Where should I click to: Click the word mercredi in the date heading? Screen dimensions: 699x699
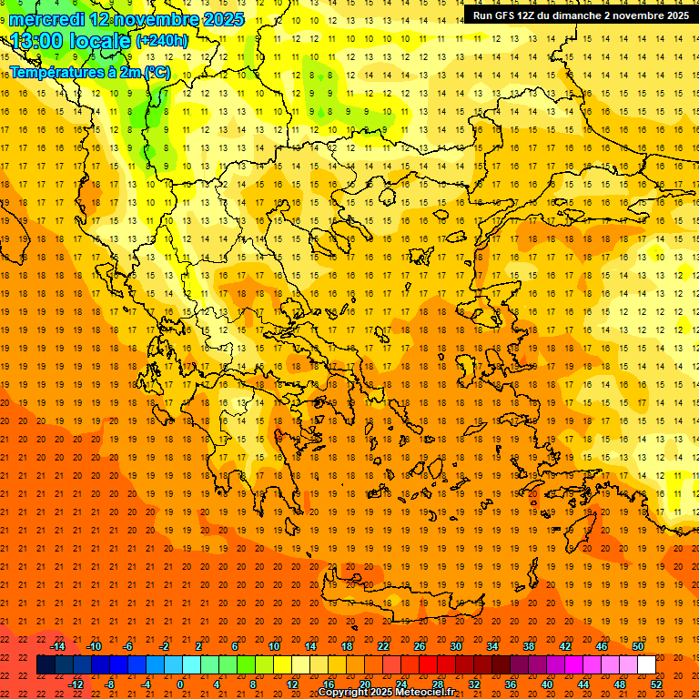[x=46, y=19]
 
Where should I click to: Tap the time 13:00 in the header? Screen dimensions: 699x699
[x=36, y=41]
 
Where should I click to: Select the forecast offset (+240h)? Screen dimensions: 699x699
[x=162, y=41]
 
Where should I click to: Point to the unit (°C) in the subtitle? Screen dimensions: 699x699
[x=156, y=72]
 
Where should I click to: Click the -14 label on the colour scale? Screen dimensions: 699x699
[x=57, y=646]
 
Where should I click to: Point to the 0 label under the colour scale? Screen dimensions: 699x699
[x=180, y=684]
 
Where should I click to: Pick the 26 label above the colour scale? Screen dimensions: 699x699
[x=420, y=646]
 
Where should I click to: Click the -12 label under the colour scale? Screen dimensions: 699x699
[x=76, y=684]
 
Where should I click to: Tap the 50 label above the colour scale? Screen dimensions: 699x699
[x=638, y=646]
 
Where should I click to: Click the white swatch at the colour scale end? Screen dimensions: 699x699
[x=646, y=665]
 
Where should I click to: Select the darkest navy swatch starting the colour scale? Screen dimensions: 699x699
[x=46, y=665]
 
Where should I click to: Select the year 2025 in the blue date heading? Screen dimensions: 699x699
[x=224, y=19]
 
